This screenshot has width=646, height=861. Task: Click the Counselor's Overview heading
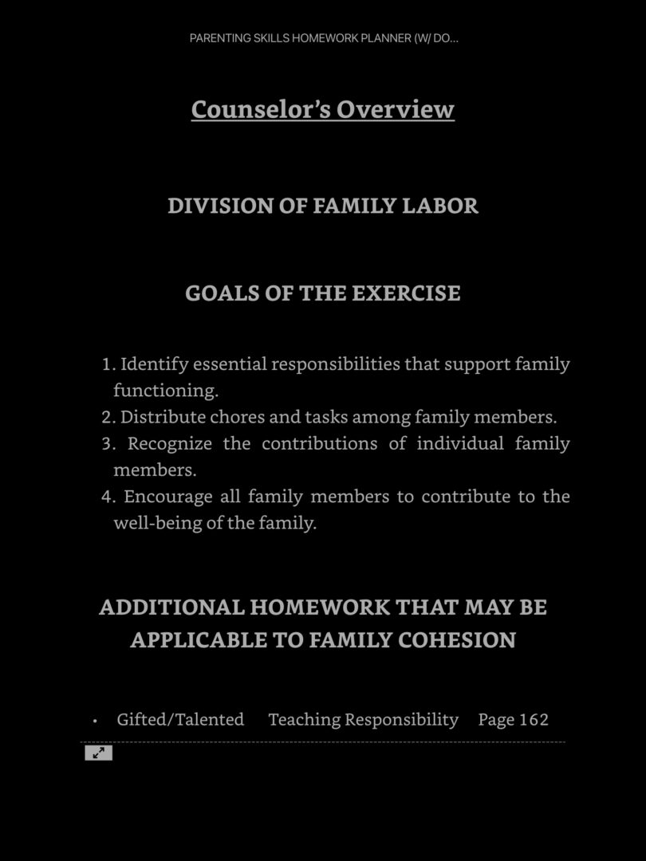click(x=322, y=109)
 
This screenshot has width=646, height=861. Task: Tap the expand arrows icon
click(x=98, y=753)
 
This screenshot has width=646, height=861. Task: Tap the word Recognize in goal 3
click(x=169, y=443)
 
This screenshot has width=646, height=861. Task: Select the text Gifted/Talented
click(x=180, y=720)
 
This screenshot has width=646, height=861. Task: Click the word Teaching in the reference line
click(x=304, y=720)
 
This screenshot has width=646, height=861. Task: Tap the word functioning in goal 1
click(x=165, y=391)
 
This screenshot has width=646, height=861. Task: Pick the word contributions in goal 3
click(x=319, y=443)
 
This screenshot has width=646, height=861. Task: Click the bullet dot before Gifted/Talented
click(x=95, y=721)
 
